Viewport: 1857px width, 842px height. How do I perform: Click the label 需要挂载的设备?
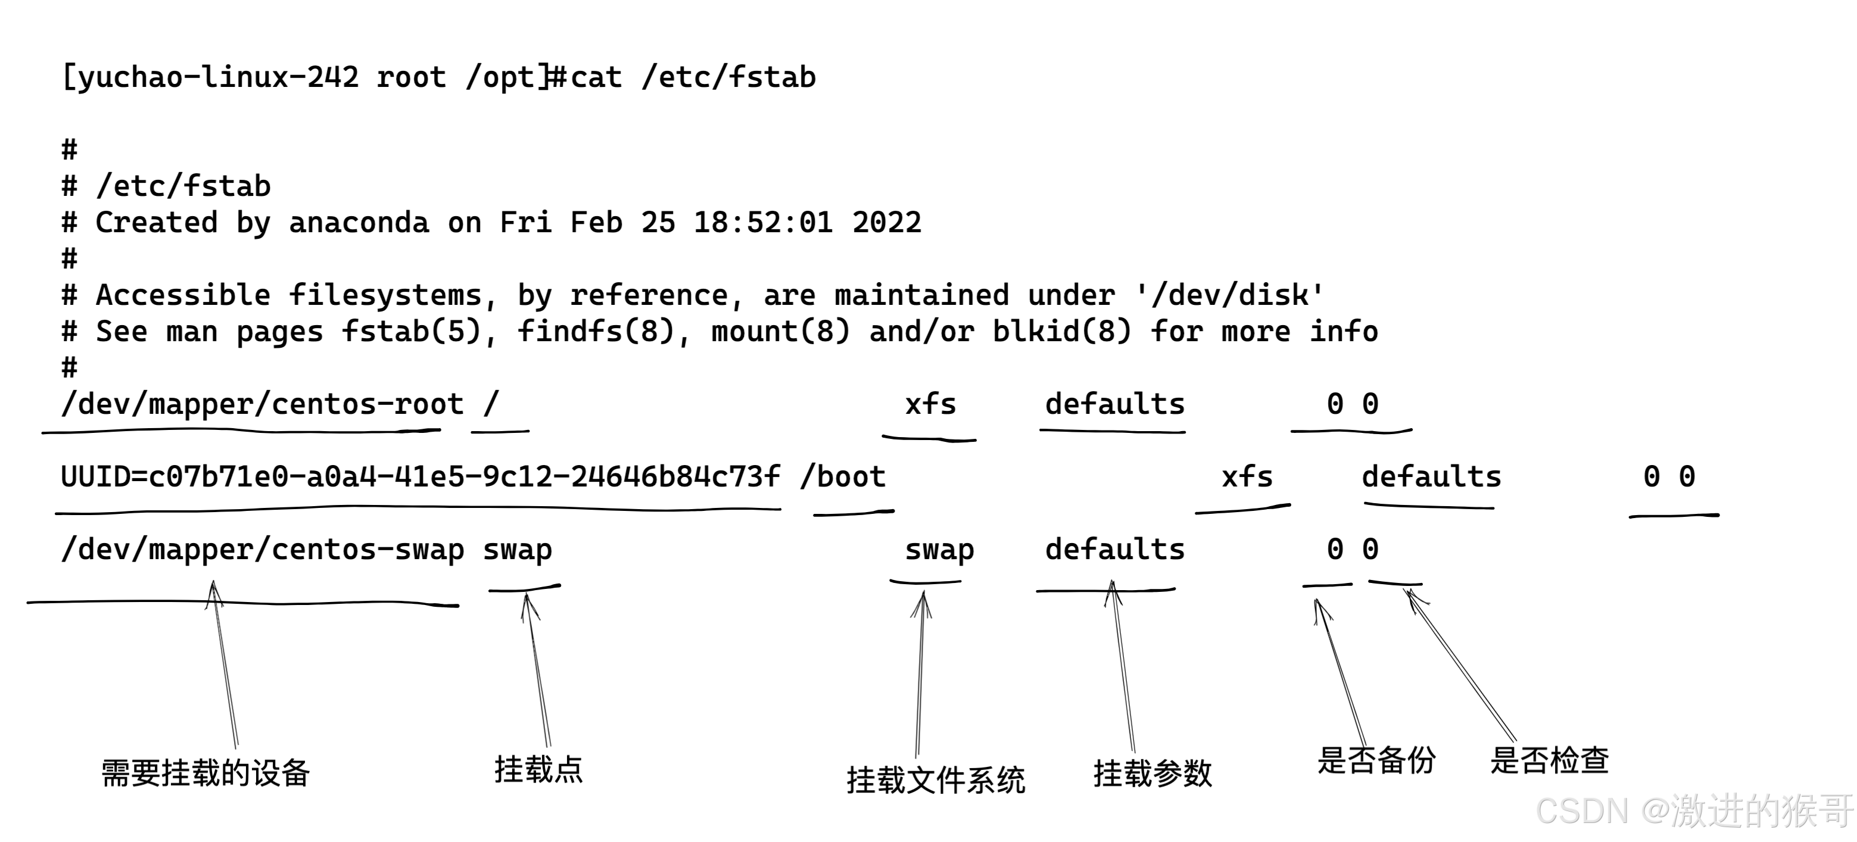click(205, 774)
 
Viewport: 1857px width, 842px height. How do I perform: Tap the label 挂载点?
click(538, 770)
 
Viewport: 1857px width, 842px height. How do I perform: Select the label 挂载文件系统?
click(936, 780)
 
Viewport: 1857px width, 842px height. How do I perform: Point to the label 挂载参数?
click(1152, 774)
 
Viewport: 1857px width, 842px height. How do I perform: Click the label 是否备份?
click(1376, 760)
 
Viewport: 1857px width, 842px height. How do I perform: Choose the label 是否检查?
click(1549, 760)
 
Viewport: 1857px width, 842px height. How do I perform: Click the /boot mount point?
click(843, 477)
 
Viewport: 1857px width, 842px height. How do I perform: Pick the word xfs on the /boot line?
click(1247, 477)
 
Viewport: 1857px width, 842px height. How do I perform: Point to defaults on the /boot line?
click(1431, 477)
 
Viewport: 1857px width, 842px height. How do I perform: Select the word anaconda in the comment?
click(359, 223)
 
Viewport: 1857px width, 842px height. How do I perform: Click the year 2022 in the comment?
click(886, 223)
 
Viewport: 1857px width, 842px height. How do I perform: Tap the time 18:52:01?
click(763, 223)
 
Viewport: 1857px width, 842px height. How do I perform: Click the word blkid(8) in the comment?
click(1062, 332)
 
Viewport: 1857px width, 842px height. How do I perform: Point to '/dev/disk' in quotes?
click(1229, 295)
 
